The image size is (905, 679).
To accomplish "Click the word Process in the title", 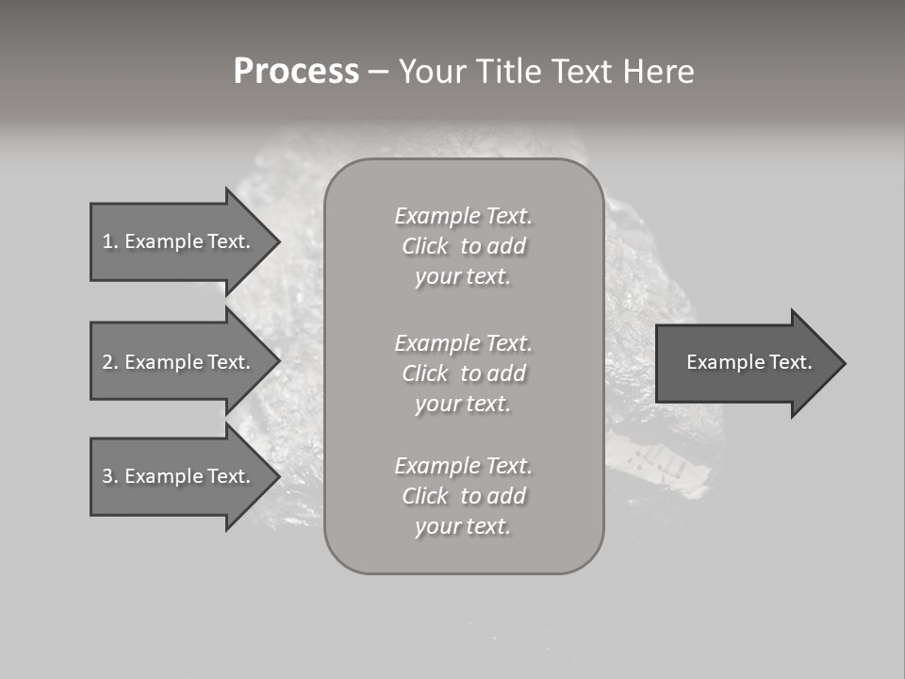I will pyautogui.click(x=296, y=72).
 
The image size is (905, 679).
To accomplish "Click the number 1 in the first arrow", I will pyautogui.click(x=107, y=241).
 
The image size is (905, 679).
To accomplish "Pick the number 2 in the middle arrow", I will pyautogui.click(x=107, y=362).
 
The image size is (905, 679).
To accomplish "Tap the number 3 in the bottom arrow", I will pyautogui.click(x=107, y=476).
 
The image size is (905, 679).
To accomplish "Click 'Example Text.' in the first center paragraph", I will pyautogui.click(x=463, y=216).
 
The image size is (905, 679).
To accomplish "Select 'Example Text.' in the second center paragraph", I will pyautogui.click(x=463, y=343).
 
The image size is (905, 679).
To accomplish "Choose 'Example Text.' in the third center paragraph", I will pyautogui.click(x=463, y=466).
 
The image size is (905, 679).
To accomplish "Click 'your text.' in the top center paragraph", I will pyautogui.click(x=463, y=277).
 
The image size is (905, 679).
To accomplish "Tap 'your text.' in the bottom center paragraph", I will pyautogui.click(x=463, y=527).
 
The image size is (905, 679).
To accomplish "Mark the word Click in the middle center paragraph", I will pyautogui.click(x=424, y=374).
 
